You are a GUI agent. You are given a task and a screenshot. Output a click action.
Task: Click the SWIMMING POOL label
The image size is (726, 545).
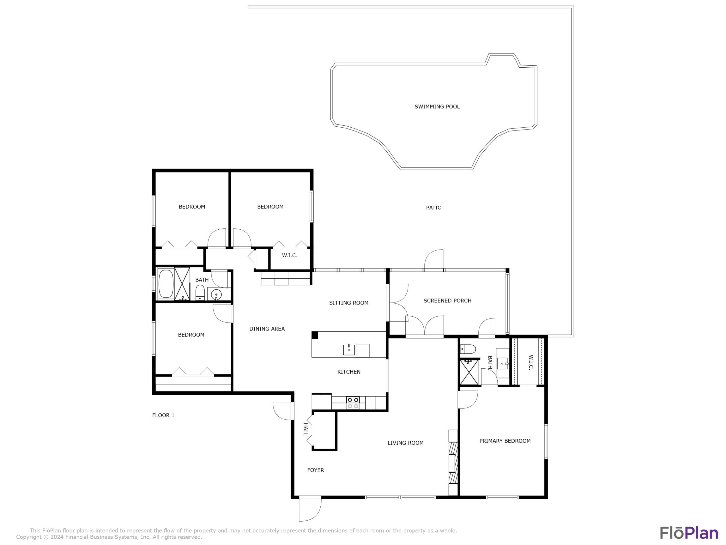437,106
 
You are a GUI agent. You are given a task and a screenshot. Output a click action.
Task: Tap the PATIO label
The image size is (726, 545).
434,208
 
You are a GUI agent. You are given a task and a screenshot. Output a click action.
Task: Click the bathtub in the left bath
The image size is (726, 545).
166,284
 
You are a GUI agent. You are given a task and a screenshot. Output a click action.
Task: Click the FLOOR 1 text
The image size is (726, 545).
163,415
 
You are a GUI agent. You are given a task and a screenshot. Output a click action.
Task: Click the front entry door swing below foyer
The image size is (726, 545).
310,510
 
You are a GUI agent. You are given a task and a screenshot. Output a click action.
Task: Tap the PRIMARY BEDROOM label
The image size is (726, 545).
505,441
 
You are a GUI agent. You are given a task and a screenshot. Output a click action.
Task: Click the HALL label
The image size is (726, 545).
305,429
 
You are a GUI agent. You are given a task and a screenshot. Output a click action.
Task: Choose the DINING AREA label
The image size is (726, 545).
267,329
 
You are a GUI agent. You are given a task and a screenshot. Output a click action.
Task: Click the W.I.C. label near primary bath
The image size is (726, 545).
530,362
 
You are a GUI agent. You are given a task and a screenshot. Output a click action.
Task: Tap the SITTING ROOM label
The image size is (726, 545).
349,303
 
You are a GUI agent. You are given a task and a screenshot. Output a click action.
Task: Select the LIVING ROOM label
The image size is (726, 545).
405,443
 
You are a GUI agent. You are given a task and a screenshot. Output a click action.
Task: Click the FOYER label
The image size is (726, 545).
315,470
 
